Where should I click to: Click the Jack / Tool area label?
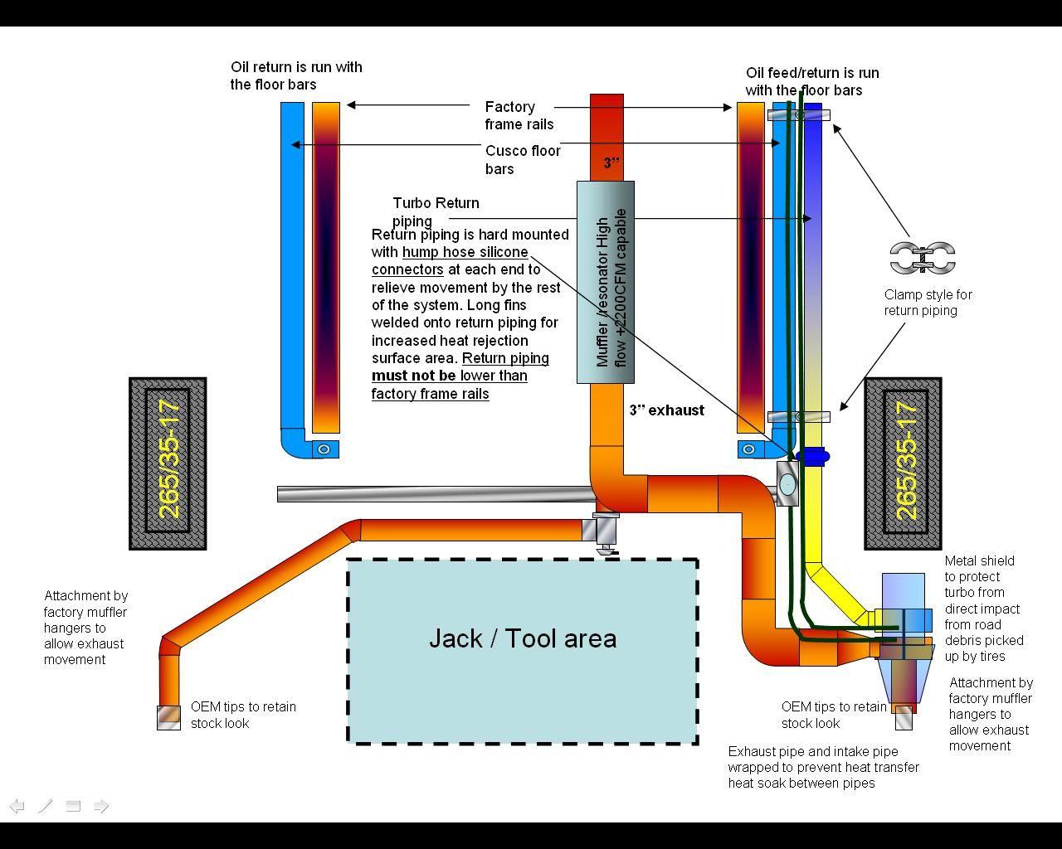point(523,638)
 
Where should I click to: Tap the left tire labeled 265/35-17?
point(168,463)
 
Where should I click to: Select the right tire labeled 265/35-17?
point(903,463)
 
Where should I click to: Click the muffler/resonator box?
point(606,282)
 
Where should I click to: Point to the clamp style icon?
point(923,258)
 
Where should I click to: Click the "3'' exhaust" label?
point(666,410)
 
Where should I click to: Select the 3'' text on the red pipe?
point(611,163)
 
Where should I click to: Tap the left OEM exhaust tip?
point(169,717)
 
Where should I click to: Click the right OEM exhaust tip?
point(904,718)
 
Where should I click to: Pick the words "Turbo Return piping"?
point(436,211)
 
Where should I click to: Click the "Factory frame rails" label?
point(519,115)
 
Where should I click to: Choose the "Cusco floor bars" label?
point(523,159)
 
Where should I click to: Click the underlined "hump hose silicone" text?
point(465,252)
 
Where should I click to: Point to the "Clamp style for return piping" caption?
point(928,303)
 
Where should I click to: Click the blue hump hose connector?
point(813,455)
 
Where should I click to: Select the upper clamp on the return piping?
point(798,115)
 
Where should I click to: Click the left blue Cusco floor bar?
point(292,265)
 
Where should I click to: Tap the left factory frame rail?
point(326,265)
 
